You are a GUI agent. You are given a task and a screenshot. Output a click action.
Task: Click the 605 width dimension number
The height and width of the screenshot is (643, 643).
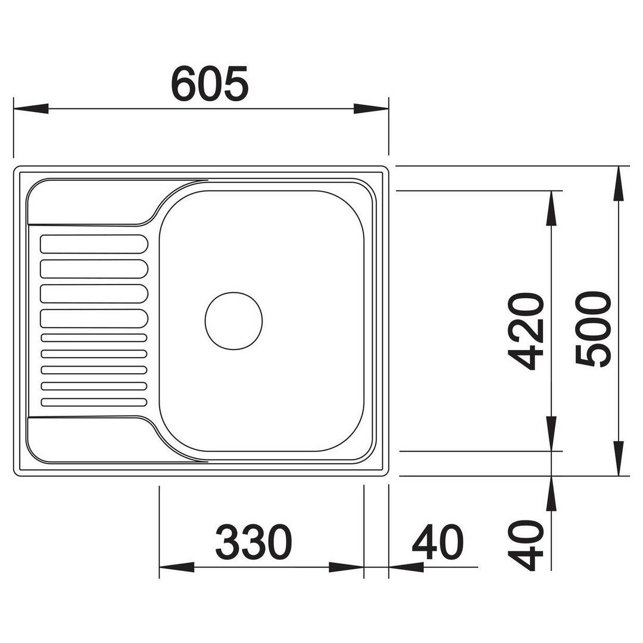(x=210, y=84)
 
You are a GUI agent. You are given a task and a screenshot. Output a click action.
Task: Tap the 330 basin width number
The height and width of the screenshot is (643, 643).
(x=254, y=541)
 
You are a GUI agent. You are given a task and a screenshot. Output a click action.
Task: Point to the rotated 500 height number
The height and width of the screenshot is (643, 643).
(x=593, y=328)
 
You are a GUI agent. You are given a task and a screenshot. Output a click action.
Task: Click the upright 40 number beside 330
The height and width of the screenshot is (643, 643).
(x=438, y=542)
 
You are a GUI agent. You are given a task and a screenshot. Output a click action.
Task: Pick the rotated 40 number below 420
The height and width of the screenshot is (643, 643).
(x=526, y=545)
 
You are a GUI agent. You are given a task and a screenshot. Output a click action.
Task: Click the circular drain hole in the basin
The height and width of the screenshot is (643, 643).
(x=234, y=321)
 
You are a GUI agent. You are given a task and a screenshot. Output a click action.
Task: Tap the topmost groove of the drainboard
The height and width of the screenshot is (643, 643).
(x=94, y=244)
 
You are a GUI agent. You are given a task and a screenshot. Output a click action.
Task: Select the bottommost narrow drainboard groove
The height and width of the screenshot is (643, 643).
(x=94, y=402)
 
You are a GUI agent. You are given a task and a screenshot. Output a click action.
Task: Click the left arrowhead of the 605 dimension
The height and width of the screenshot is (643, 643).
(x=31, y=109)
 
